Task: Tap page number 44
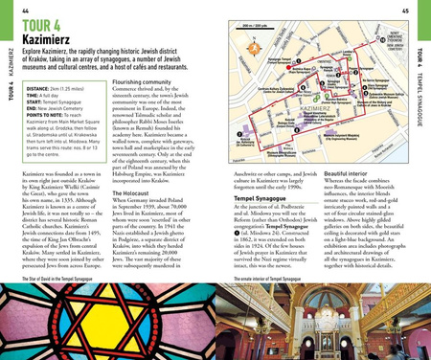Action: click(23, 8)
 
